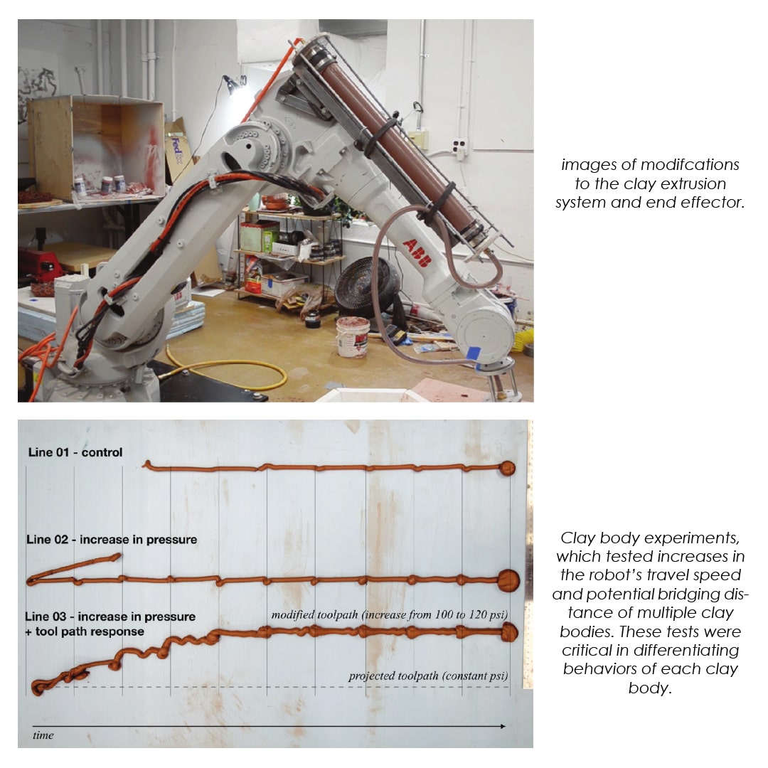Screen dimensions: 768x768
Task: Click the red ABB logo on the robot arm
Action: pos(418,253)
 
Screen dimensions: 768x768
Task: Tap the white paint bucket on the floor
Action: pos(353,337)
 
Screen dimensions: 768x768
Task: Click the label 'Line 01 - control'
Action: pos(75,452)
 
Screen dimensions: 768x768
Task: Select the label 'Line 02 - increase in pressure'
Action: pos(112,539)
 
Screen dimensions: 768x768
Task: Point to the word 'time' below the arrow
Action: pos(43,735)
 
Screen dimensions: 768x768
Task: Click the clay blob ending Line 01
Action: pos(508,468)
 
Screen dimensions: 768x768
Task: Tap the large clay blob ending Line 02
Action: pos(508,580)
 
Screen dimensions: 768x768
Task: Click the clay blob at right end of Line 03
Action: pos(509,632)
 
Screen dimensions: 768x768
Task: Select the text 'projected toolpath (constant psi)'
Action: pos(428,676)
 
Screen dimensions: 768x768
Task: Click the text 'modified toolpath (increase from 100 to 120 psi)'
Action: pos(390,614)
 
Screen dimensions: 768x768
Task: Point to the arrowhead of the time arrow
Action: pos(503,726)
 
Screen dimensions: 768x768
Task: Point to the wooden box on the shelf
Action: pos(95,147)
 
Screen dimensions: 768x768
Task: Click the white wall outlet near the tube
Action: pos(459,148)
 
